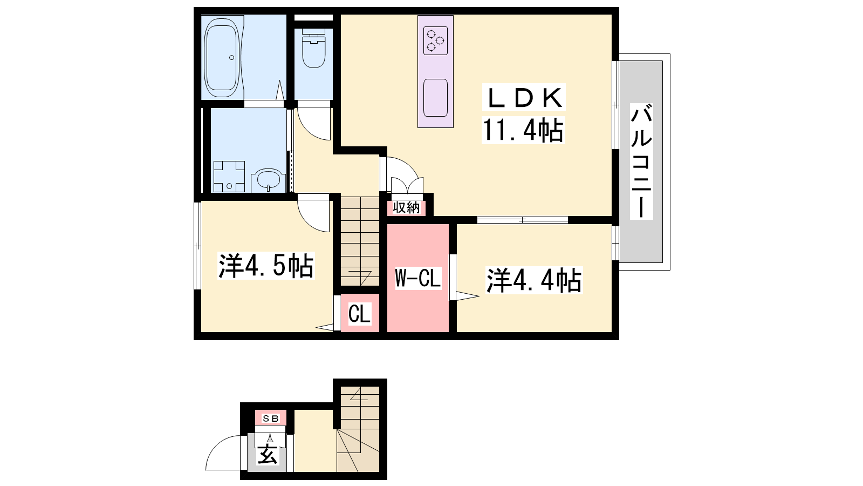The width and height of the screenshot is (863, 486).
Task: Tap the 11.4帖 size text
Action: pyautogui.click(x=523, y=130)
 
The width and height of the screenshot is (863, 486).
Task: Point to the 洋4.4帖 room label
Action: pyautogui.click(x=534, y=280)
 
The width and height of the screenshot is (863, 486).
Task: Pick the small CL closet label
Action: pyautogui.click(x=359, y=313)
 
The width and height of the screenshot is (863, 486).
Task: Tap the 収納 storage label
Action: pyautogui.click(x=406, y=208)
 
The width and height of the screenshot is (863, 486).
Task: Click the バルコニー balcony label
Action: pyautogui.click(x=641, y=161)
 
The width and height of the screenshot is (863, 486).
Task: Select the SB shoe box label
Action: pyautogui.click(x=270, y=418)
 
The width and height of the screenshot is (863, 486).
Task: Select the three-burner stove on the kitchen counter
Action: pyautogui.click(x=435, y=40)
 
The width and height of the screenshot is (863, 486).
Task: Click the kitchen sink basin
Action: pyautogui.click(x=435, y=98)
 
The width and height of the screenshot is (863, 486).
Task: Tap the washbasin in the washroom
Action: pyautogui.click(x=268, y=180)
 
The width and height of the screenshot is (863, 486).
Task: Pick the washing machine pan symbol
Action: pyautogui.click(x=229, y=176)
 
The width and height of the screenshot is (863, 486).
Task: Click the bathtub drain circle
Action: pyautogui.click(x=231, y=57)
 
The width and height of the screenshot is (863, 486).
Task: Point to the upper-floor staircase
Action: pyautogui.click(x=360, y=241)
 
